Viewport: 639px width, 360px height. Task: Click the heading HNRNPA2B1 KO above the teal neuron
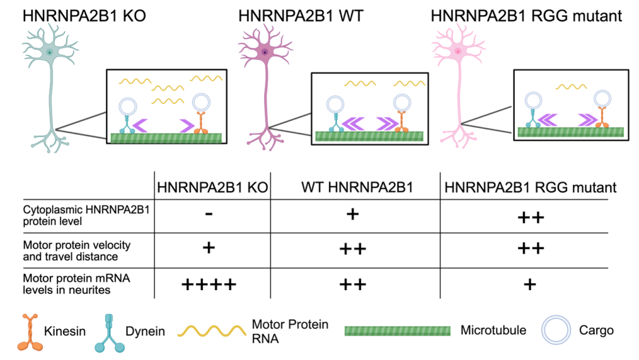[84, 16]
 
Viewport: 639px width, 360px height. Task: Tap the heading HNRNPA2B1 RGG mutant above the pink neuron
[526, 16]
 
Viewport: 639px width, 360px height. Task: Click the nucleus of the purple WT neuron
[265, 53]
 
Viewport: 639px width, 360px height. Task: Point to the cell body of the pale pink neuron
[458, 52]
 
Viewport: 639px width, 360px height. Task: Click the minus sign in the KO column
[209, 215]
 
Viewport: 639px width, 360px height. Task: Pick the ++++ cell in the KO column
[209, 285]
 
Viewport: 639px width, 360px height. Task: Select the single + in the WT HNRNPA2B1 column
[352, 215]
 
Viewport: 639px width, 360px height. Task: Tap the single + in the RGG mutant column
[530, 285]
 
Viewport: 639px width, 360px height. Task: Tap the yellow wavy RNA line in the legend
[213, 331]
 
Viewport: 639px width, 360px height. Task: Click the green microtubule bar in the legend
[398, 331]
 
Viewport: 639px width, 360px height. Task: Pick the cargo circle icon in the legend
[555, 330]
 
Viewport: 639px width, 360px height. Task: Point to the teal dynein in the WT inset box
[335, 122]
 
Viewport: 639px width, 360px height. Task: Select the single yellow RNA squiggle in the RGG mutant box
[570, 87]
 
